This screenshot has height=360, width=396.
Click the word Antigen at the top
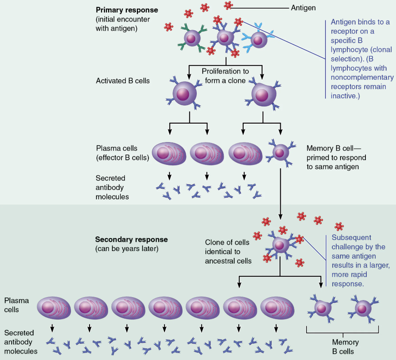[303, 7]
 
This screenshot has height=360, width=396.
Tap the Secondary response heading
[131, 239]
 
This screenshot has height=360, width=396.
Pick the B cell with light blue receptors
[258, 40]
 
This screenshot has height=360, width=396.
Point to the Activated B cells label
[123, 81]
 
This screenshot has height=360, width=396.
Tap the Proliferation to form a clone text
[225, 76]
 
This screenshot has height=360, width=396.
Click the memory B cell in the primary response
[280, 152]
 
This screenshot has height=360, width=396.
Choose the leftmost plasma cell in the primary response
[169, 153]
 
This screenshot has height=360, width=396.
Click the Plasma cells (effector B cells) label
[123, 153]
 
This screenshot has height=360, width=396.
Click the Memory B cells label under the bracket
[343, 347]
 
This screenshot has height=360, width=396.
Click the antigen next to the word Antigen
[228, 5]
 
